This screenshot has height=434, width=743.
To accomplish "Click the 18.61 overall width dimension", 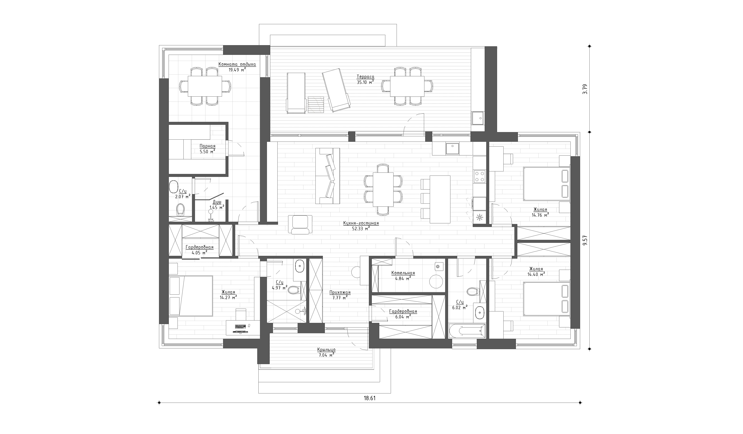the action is (369, 398).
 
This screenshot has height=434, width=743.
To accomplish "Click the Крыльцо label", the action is (326, 350).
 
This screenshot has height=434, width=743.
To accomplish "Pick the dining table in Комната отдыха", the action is (205, 86).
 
